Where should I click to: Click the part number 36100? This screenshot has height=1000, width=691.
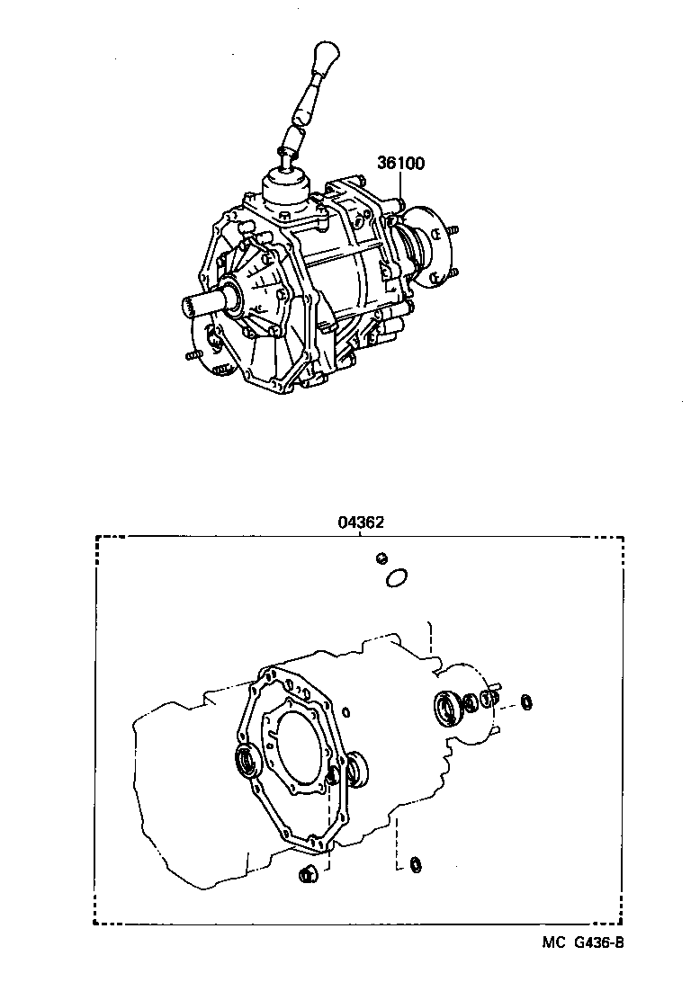(400, 165)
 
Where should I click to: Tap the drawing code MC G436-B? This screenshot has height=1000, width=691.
(582, 942)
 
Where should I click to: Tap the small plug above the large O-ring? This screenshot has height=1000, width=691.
(381, 558)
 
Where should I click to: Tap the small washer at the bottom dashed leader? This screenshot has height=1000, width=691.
(415, 865)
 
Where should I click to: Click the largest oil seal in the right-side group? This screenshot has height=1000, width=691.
(447, 708)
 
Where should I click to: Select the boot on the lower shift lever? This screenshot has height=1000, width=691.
(291, 139)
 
